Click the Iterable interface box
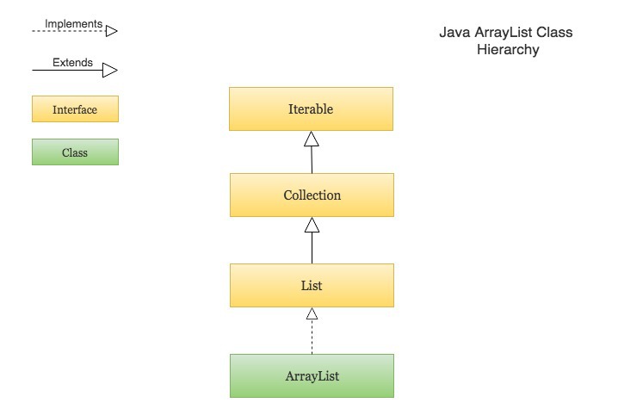point(311,109)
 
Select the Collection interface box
point(312,195)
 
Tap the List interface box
point(312,285)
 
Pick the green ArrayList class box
point(312,375)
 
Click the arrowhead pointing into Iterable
point(312,139)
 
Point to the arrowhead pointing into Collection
point(312,226)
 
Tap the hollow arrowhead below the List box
point(312,315)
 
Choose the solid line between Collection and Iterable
point(312,160)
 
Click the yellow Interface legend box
point(75,109)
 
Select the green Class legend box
point(75,152)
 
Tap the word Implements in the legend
point(73,24)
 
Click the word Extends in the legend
point(72,62)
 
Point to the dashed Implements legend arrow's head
point(111,31)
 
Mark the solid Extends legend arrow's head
point(110,70)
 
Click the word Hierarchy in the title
point(508,50)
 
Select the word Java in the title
point(454,33)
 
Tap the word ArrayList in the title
point(503,33)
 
